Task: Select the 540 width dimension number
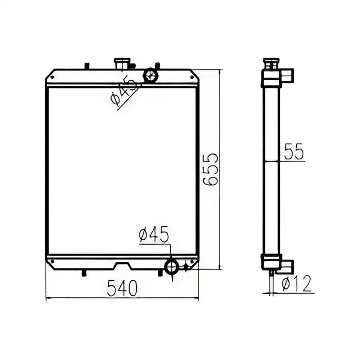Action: click(x=122, y=289)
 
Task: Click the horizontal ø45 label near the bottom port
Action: click(x=153, y=236)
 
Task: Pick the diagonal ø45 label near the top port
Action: click(x=123, y=92)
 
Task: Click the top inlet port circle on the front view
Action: click(x=151, y=76)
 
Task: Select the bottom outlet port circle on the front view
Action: click(x=171, y=266)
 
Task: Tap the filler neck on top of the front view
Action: click(x=122, y=65)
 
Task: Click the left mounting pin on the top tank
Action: click(x=86, y=65)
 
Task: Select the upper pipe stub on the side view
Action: click(x=288, y=76)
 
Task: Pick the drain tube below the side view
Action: click(x=271, y=280)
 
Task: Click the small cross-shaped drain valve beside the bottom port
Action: click(x=186, y=266)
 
